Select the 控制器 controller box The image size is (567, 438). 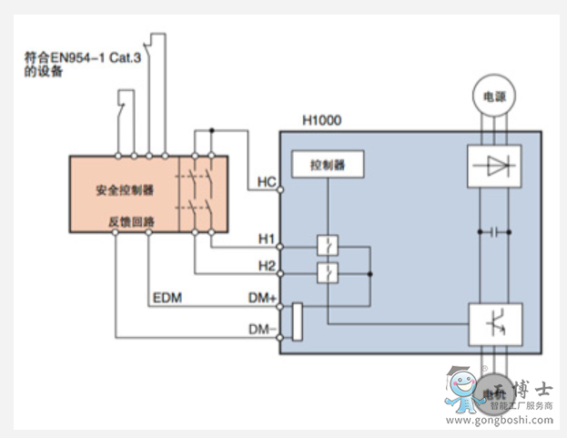pos(329,165)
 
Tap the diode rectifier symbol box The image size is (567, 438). pos(493,166)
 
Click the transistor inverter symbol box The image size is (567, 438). pos(493,323)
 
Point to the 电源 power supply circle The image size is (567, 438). pos(493,95)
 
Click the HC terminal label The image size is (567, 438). pos(266,182)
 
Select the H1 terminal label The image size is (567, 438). pos(266,239)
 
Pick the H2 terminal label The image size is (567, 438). pos(266,265)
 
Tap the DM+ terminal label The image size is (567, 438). pos(262,298)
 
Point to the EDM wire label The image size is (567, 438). pos(167,297)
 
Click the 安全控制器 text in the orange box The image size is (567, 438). pos(125,191)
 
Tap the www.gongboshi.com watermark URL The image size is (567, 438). pos(500,421)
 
